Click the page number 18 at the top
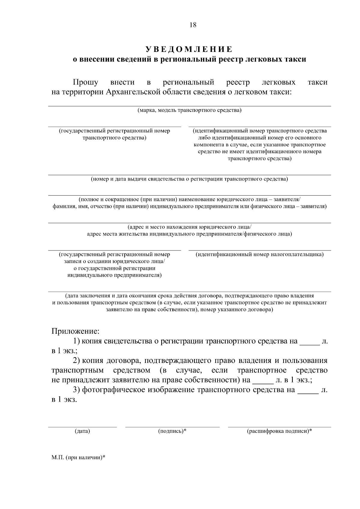tap(193, 25)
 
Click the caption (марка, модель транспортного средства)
tap(189, 110)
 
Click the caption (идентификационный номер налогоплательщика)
tap(259, 255)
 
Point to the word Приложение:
tap(75, 331)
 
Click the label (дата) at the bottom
tap(82, 431)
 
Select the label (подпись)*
tap(172, 431)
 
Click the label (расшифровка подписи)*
tap(279, 431)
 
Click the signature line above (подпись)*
tap(172, 426)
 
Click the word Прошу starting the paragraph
tap(85, 82)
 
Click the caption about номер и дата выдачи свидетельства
tap(189, 179)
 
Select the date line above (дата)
tap(82, 426)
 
